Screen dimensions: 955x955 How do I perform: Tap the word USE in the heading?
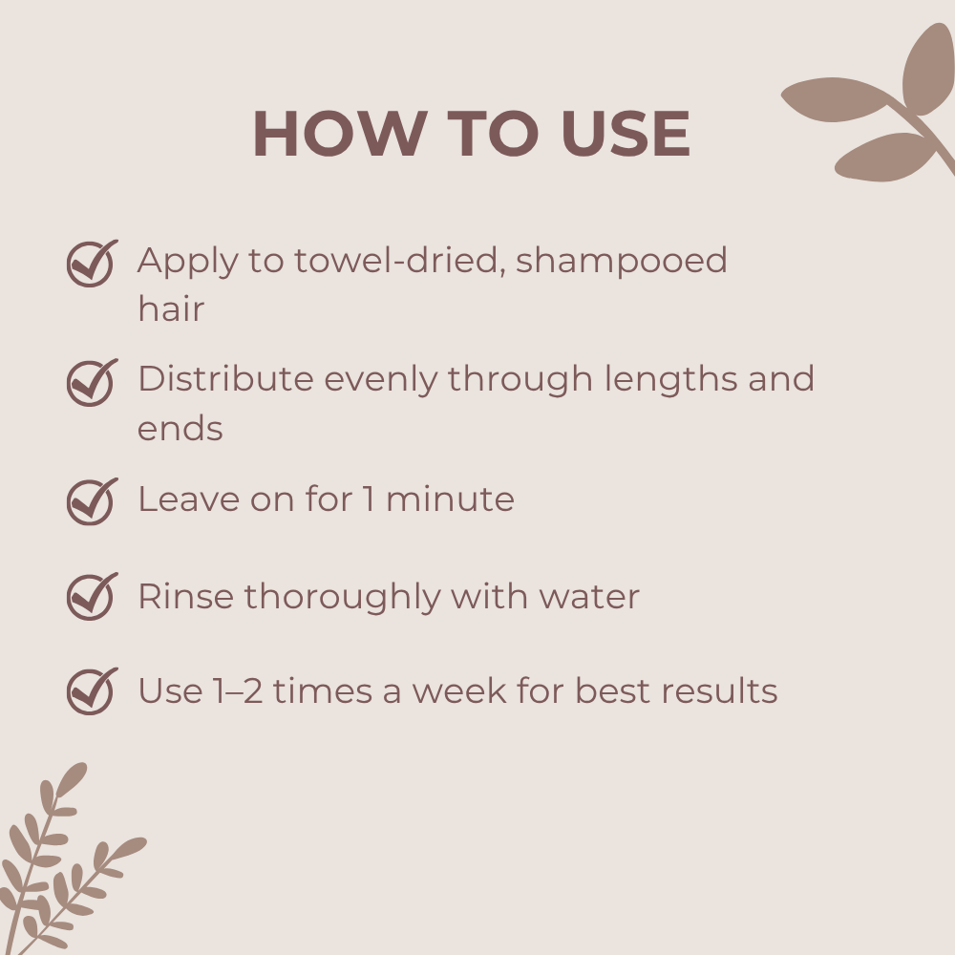626,134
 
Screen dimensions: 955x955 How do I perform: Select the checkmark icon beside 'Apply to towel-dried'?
92,263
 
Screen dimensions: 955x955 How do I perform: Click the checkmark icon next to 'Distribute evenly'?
92,382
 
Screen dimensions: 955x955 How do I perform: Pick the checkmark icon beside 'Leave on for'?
92,500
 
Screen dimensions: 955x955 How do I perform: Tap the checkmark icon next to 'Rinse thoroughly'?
92,596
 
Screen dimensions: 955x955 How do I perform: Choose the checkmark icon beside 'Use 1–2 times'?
92,690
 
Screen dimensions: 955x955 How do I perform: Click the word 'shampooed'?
622,262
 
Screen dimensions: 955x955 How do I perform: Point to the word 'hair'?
171,308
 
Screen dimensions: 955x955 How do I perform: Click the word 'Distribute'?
226,379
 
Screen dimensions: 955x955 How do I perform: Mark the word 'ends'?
180,428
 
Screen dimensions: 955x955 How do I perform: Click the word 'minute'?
450,499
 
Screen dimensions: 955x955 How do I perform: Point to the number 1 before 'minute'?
369,499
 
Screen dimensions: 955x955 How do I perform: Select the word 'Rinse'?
186,596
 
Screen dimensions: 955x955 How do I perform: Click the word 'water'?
589,597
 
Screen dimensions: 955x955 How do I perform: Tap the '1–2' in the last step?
238,691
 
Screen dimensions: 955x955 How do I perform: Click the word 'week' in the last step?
459,691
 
